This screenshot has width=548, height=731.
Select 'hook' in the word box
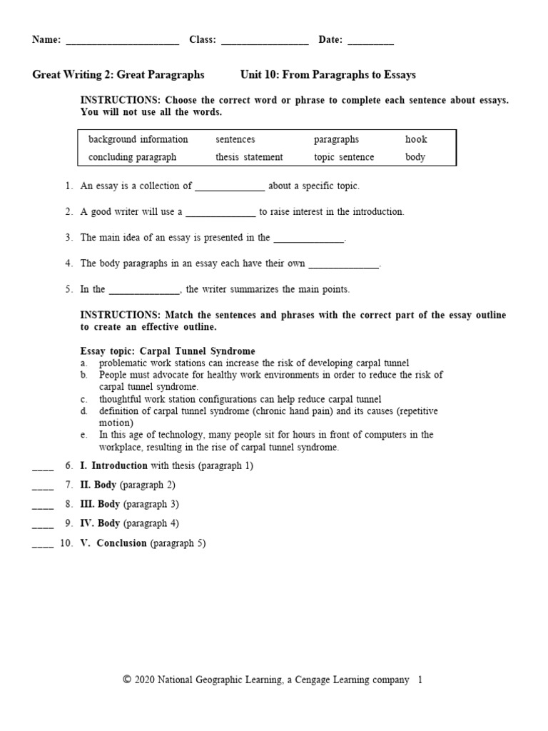click(x=416, y=140)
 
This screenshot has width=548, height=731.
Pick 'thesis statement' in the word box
click(x=249, y=157)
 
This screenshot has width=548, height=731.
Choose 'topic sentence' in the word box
click(x=344, y=157)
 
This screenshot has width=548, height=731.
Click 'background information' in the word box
click(x=138, y=140)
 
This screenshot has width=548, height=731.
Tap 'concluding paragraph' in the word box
click(x=132, y=157)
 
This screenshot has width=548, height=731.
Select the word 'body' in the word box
click(x=415, y=157)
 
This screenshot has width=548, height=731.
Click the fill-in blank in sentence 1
click(x=230, y=188)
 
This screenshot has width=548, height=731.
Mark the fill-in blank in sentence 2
click(x=220, y=213)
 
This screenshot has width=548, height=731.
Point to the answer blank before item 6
click(x=43, y=468)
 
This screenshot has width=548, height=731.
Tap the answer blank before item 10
click(x=43, y=545)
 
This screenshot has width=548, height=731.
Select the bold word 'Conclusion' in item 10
click(x=122, y=543)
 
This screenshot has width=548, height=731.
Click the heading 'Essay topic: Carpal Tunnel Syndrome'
click(x=168, y=351)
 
